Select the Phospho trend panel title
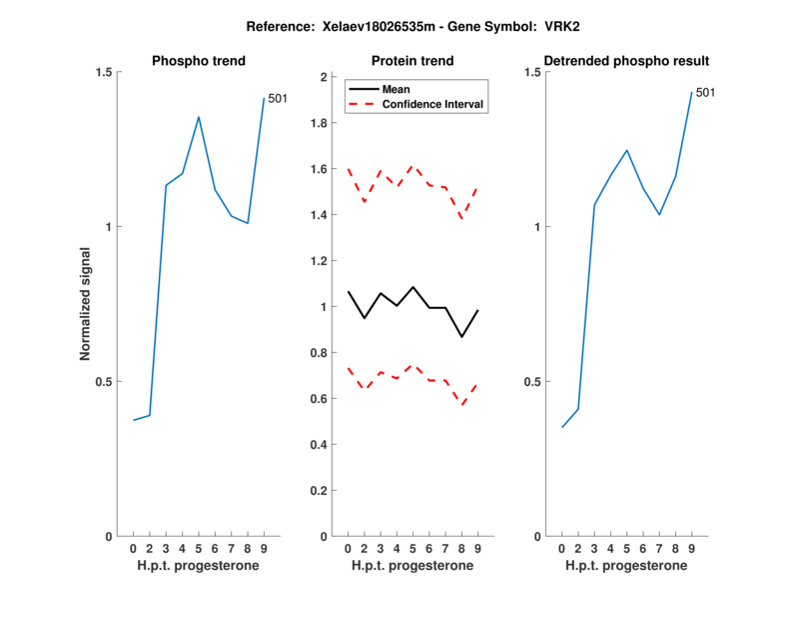coord(198,61)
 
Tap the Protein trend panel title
coord(412,61)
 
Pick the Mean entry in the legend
coord(397,89)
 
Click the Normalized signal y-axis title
coord(86,304)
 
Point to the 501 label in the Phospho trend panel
coord(278,98)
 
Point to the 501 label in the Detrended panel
coord(705,93)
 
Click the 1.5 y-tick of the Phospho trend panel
coord(104,72)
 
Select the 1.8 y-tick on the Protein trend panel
coord(320,123)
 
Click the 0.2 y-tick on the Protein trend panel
coord(320,491)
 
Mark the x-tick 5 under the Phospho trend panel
coord(199,549)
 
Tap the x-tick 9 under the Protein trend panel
coord(477,549)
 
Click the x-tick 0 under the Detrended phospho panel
coord(562,549)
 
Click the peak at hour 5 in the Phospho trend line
coord(199,117)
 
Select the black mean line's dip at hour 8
coord(461,336)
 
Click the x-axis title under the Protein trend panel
coord(412,566)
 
